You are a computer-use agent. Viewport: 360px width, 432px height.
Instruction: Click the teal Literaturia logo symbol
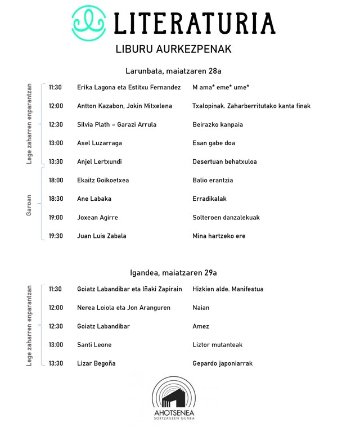89,23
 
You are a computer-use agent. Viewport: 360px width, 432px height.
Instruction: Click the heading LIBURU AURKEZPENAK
173,49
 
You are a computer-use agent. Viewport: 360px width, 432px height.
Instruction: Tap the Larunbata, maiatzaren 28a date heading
173,71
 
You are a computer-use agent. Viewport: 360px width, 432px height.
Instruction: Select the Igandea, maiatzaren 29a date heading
173,273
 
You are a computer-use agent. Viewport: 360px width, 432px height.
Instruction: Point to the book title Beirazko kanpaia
218,125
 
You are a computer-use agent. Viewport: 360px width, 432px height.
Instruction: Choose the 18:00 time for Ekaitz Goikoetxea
55,181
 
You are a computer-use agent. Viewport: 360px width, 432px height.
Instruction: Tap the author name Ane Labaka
94,199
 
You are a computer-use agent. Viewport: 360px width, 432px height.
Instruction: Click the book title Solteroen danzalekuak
226,218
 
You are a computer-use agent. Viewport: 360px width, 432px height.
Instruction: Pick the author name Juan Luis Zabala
102,236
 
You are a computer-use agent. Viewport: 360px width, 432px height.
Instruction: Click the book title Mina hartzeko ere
219,236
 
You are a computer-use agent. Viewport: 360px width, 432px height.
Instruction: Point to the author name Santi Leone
94,345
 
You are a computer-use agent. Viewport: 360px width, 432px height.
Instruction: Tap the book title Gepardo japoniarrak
223,363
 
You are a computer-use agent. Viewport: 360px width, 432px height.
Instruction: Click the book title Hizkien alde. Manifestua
228,289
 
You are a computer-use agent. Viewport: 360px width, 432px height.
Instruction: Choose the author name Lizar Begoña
96,363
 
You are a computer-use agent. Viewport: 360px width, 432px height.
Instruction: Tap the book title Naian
201,308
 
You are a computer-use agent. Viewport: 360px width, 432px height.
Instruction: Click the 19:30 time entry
55,236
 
